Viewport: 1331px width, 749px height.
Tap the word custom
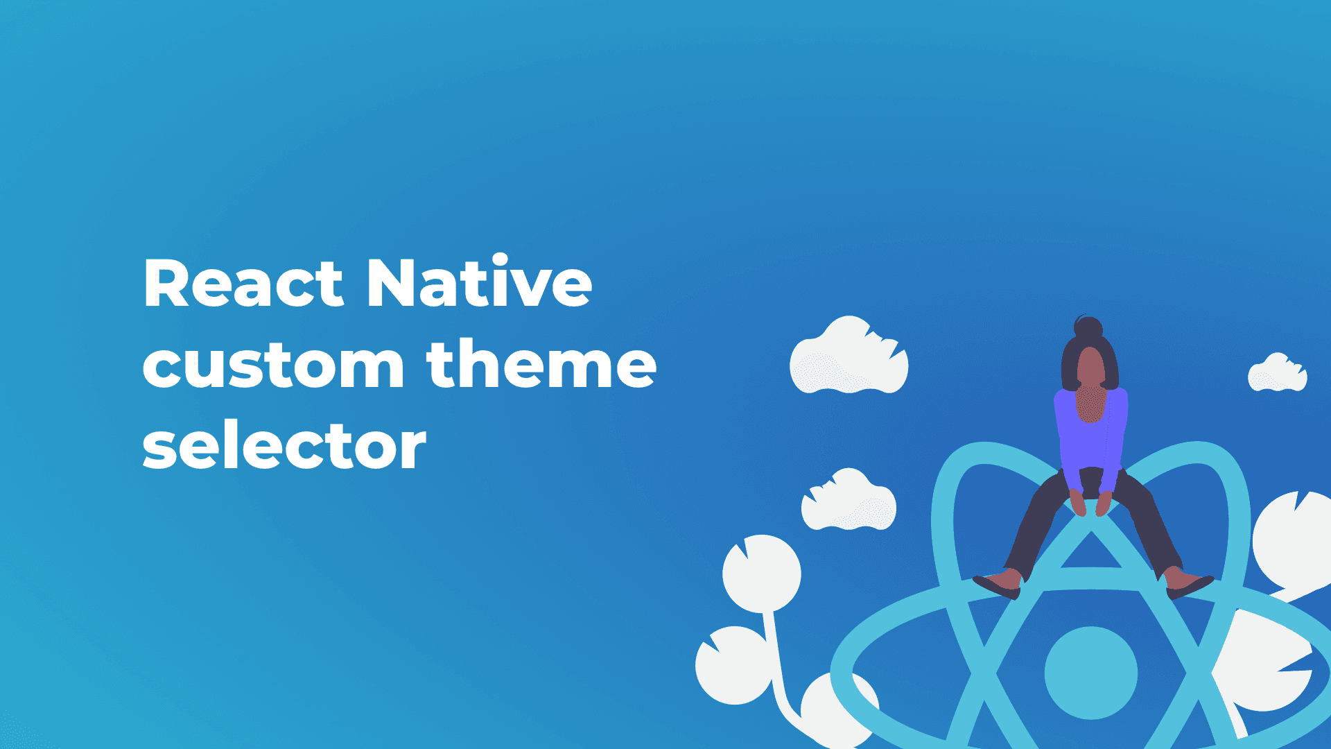(x=274, y=364)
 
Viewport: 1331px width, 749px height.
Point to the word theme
(x=541, y=362)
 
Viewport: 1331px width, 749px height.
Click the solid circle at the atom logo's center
(x=1090, y=673)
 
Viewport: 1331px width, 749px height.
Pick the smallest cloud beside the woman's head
(x=1277, y=372)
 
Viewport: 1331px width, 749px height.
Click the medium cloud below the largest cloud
(x=849, y=500)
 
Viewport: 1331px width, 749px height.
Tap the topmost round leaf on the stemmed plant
(x=762, y=574)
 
